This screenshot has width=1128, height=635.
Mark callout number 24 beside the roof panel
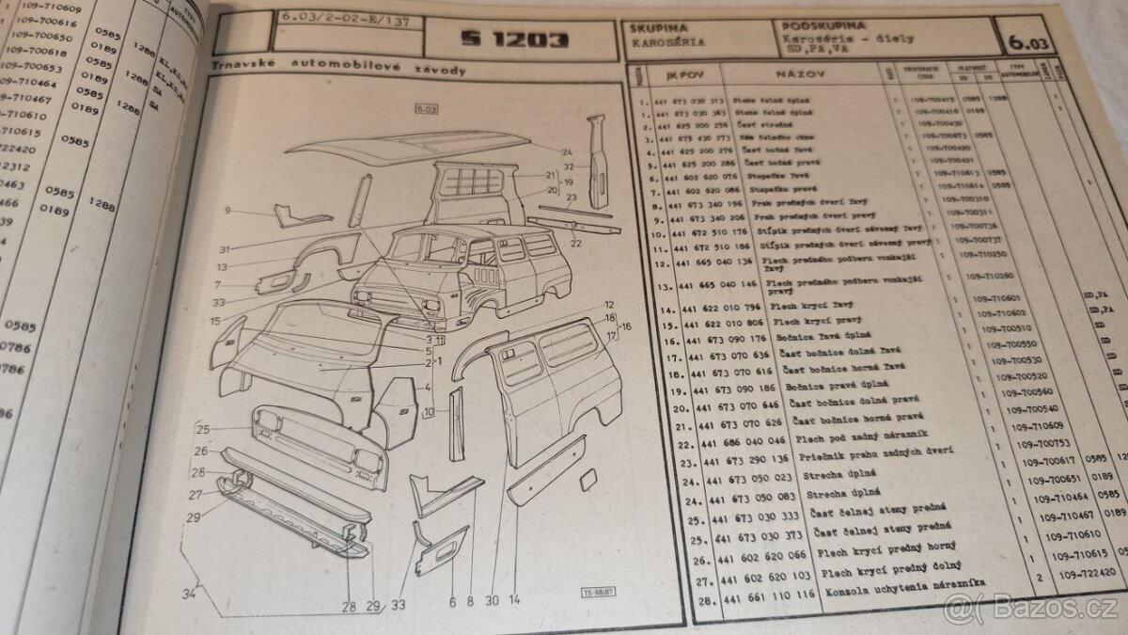pos(567,151)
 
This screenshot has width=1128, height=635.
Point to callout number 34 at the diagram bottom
pos(190,593)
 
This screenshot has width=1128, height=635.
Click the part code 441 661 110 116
pos(753,596)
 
